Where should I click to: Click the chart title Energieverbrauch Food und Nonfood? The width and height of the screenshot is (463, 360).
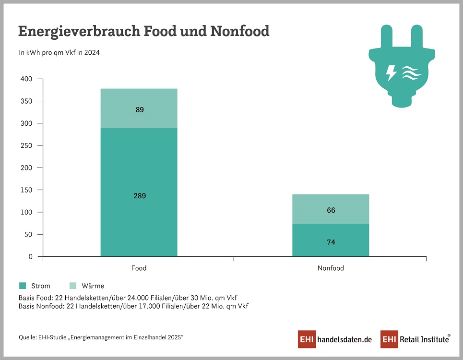coord(143,32)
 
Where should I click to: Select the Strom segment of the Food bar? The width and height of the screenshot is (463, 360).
coord(139,192)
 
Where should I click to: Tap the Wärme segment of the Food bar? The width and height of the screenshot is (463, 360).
coord(139,108)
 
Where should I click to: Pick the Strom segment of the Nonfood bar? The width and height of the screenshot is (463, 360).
coord(331,240)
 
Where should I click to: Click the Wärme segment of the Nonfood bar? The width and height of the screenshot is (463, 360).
coord(331,209)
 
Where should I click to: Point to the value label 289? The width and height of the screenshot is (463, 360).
coord(140,196)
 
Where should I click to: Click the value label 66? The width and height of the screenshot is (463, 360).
coord(331,210)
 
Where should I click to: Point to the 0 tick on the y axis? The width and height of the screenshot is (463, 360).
coord(30,257)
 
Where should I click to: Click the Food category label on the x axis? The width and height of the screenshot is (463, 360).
coord(139,268)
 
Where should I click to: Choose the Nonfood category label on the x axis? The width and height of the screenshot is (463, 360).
coord(331,268)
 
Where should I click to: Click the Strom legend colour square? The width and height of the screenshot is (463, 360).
coord(23,286)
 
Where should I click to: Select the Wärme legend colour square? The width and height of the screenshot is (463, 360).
coord(73,286)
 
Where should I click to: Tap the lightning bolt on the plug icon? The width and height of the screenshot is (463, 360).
coord(392,73)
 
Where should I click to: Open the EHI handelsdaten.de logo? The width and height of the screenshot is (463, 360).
coord(335,339)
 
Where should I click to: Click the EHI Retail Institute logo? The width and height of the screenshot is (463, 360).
coord(416,339)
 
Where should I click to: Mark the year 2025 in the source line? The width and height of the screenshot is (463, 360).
coord(174,337)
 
